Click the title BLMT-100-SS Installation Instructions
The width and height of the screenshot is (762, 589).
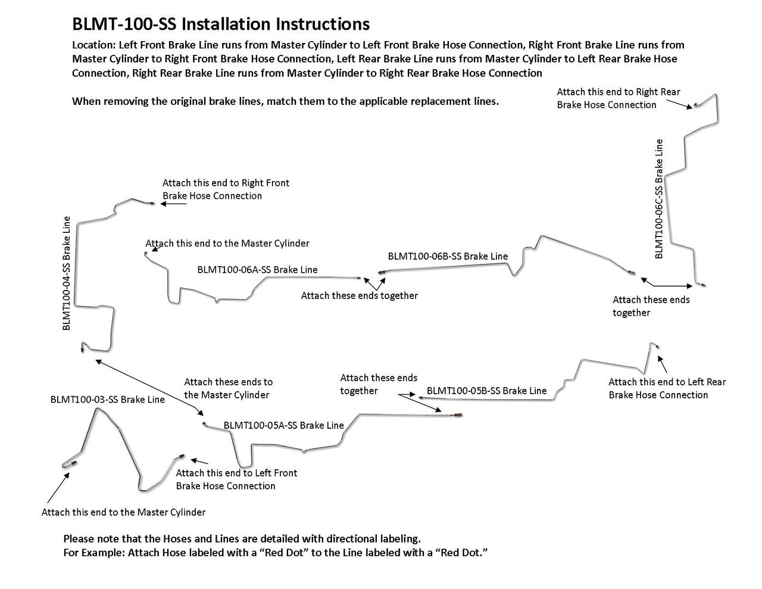pyautogui.click(x=220, y=24)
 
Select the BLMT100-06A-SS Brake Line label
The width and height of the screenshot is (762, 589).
pyautogui.click(x=257, y=270)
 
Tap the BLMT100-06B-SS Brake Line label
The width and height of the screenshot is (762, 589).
pyautogui.click(x=448, y=257)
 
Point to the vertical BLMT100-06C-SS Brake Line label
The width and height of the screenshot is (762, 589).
pyautogui.click(x=659, y=198)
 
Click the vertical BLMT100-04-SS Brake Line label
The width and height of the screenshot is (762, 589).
pyautogui.click(x=67, y=273)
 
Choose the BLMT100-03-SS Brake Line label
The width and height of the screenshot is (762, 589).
pyautogui.click(x=107, y=400)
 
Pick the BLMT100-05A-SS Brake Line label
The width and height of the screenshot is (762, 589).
pyautogui.click(x=283, y=425)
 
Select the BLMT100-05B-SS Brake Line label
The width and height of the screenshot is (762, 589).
pyautogui.click(x=486, y=391)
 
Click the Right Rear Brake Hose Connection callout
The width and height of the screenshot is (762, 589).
pyautogui.click(x=618, y=98)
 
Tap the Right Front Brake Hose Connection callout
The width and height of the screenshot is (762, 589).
pyautogui.click(x=226, y=189)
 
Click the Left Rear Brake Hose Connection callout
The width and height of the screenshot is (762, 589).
pyautogui.click(x=667, y=388)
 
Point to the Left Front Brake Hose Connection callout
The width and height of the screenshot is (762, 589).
pyautogui.click(x=236, y=479)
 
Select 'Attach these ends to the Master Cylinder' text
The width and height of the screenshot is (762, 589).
pyautogui.click(x=228, y=388)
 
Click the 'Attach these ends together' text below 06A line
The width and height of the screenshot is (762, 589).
pyautogui.click(x=359, y=295)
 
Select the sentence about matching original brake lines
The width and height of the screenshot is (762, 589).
pyautogui.click(x=285, y=101)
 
